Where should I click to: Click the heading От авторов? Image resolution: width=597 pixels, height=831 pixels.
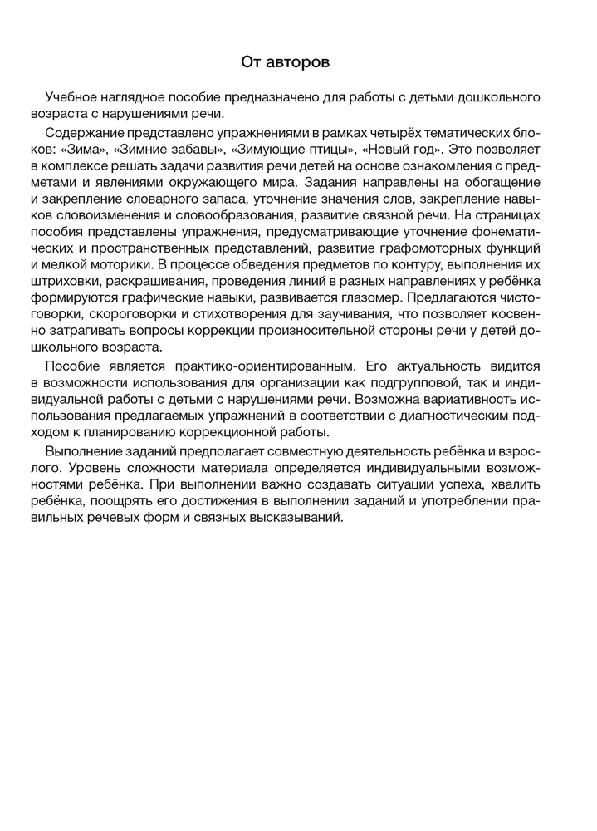pyautogui.click(x=297, y=62)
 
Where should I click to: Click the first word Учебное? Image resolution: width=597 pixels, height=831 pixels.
pyautogui.click(x=74, y=97)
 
